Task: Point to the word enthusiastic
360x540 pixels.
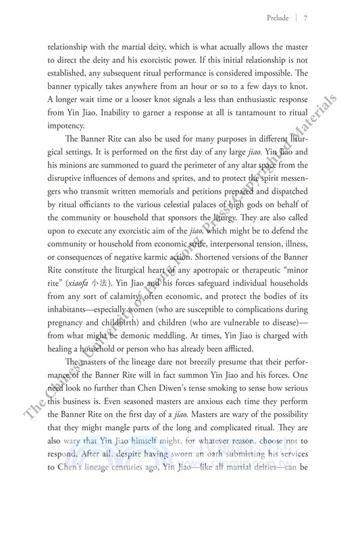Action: pyautogui.click(x=247, y=99)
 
